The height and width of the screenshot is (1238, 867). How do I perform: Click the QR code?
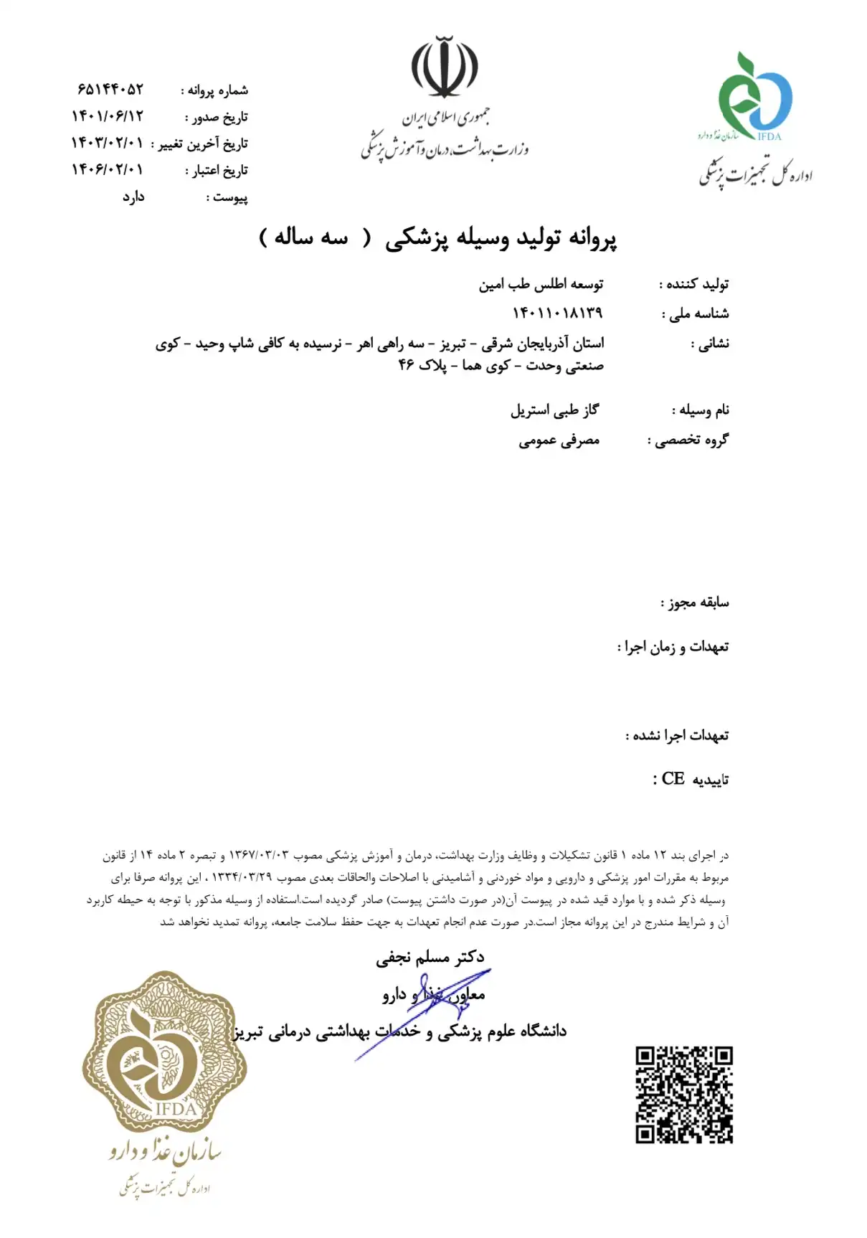683,1094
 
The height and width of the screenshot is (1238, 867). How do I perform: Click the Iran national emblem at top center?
445,67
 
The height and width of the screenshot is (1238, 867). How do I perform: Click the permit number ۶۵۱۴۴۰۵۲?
110,90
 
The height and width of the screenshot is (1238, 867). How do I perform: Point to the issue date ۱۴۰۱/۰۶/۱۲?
107,116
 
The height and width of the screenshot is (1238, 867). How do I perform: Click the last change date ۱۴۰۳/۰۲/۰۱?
107,143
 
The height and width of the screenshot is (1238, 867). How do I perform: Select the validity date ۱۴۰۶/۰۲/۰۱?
107,170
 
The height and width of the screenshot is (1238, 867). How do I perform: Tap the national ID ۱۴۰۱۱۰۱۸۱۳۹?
557,313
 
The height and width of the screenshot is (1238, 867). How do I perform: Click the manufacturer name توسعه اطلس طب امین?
541,285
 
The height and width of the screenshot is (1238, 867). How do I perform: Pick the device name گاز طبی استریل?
554,410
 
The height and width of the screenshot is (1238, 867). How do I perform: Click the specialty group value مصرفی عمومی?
559,440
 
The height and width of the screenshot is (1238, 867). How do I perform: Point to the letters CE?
673,779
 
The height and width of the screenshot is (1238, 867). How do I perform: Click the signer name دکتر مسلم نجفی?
430,957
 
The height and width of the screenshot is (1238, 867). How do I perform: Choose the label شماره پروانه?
214,90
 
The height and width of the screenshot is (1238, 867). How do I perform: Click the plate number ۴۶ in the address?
407,365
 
